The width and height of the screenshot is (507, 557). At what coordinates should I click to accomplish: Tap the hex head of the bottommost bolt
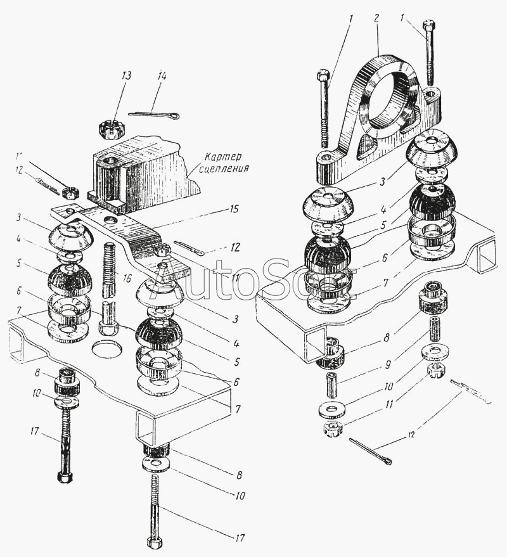pyautogui.click(x=154, y=544)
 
